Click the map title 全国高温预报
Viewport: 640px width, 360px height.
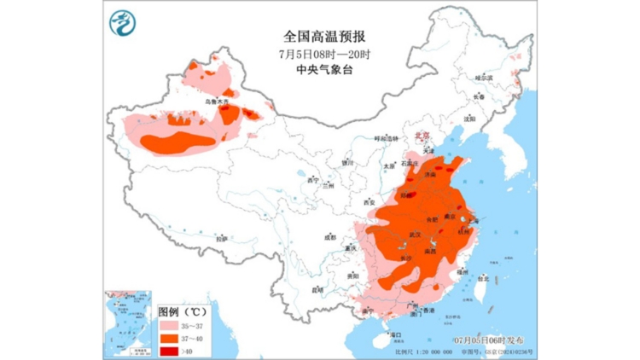(x=323, y=37)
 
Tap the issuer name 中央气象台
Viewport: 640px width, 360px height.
(x=323, y=70)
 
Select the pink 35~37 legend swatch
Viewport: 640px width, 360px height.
(x=171, y=326)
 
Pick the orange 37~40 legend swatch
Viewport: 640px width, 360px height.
(x=171, y=338)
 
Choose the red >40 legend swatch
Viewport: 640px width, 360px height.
(x=171, y=350)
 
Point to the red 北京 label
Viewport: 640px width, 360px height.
(x=420, y=134)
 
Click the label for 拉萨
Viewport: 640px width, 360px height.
(x=221, y=240)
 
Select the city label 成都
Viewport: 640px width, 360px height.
(x=328, y=237)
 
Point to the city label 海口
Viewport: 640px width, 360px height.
(x=395, y=336)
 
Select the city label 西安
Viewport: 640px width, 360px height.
(x=369, y=202)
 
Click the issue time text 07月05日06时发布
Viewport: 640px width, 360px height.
(x=495, y=340)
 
